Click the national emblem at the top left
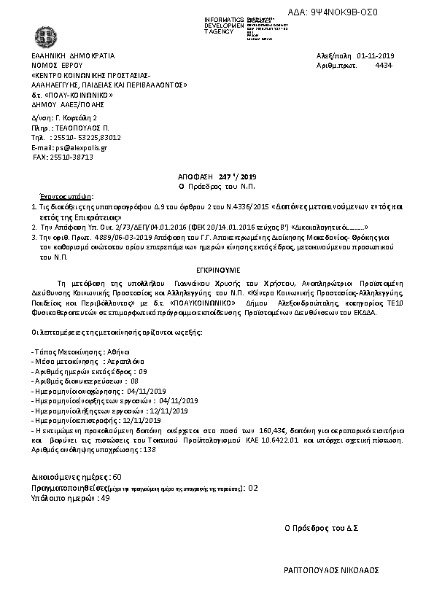[37, 34]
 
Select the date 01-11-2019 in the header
[375, 55]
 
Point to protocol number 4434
[383, 65]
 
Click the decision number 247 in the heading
[223, 176]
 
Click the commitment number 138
[150, 450]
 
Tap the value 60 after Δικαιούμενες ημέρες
[107, 476]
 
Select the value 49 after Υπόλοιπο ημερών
[105, 498]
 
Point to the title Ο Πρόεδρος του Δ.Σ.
[325, 527]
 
